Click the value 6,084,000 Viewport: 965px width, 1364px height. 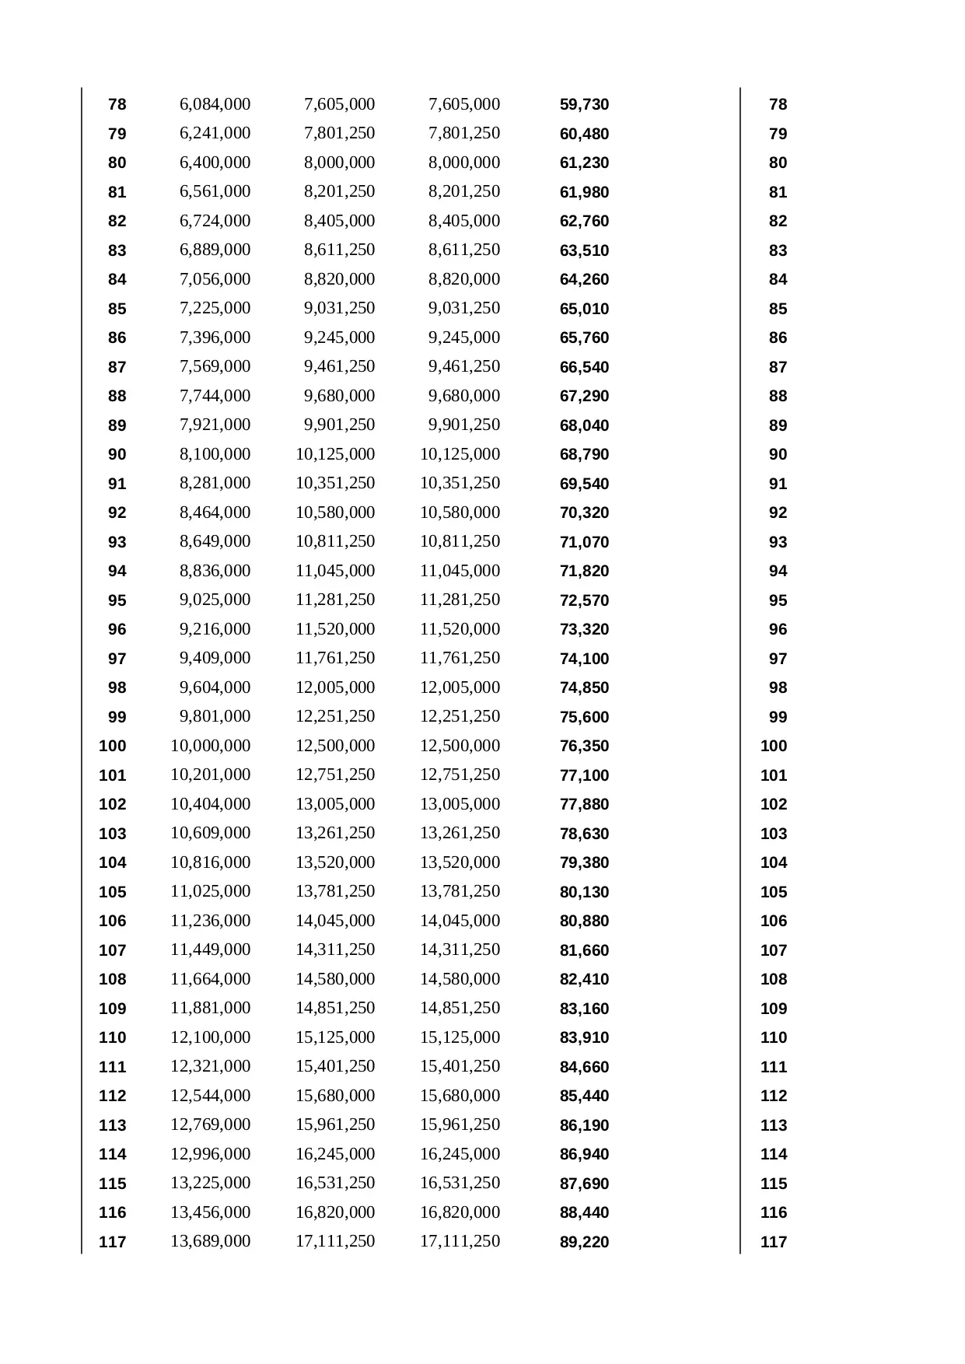click(215, 104)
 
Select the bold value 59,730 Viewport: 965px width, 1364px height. click(584, 105)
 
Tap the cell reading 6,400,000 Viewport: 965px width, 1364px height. click(215, 163)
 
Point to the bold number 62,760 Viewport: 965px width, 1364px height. click(584, 222)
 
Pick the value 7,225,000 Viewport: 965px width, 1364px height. click(215, 308)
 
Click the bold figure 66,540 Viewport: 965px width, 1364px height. click(584, 367)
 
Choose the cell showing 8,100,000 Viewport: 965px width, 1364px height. click(215, 454)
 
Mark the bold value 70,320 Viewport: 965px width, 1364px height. click(584, 513)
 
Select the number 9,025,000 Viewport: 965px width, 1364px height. click(215, 600)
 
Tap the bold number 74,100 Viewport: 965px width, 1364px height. click(584, 659)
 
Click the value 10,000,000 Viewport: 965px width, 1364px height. click(210, 746)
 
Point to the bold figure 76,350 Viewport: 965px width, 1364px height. click(584, 747)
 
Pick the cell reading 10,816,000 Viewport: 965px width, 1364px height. click(210, 862)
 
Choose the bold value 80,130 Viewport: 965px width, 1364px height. click(584, 892)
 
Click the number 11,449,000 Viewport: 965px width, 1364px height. click(210, 950)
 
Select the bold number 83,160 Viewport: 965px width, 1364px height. click(584, 1009)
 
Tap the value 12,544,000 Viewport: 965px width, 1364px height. click(210, 1096)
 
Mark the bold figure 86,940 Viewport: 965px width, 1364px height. click(584, 1155)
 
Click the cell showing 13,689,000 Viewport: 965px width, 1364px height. click(210, 1241)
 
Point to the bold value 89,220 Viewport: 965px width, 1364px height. click(584, 1242)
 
